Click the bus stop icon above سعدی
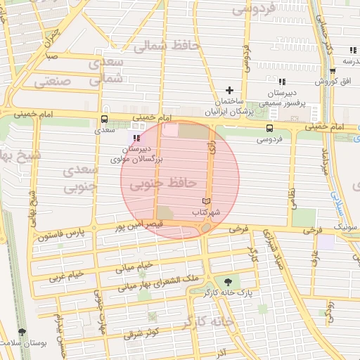click(105, 120)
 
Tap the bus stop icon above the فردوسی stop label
click(270, 128)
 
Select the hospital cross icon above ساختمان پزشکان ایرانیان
click(229, 90)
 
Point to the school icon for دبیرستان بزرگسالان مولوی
click(136, 139)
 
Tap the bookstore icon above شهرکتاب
click(206, 202)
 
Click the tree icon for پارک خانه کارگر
click(226, 281)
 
